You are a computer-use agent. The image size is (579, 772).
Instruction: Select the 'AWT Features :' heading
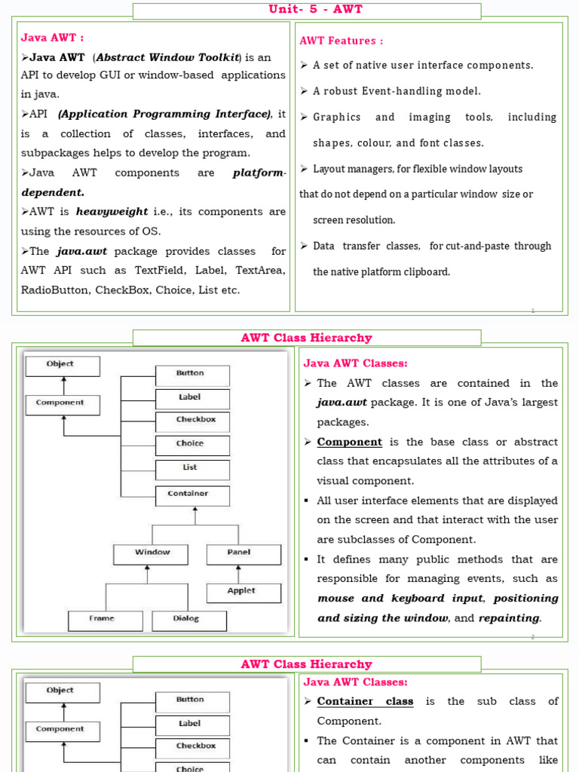point(342,41)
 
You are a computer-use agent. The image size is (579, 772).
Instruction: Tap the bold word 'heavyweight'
point(112,212)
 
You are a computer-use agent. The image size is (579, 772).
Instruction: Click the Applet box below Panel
point(243,592)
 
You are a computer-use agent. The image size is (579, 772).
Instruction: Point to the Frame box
point(104,619)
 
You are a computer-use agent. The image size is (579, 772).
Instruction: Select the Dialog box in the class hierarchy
point(188,619)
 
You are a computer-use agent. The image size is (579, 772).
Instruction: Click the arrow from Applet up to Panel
point(243,573)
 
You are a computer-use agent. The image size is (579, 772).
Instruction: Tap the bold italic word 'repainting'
point(509,618)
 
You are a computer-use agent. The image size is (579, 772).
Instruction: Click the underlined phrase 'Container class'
point(365,701)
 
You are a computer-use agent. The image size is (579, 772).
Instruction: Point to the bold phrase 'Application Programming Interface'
point(164,115)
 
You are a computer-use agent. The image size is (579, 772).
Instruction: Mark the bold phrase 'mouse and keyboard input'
point(400,599)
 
